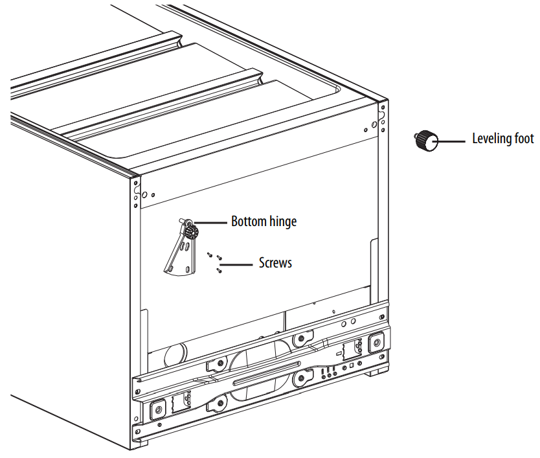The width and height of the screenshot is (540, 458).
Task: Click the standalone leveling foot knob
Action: pos(425,140)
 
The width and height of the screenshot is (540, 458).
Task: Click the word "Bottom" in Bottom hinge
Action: pos(249,222)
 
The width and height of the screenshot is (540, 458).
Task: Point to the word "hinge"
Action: pos(283,222)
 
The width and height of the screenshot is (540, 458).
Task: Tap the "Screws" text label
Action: pos(275,263)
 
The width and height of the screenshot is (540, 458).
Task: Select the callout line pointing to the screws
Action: pos(236,264)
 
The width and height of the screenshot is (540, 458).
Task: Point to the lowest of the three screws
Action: pos(219,271)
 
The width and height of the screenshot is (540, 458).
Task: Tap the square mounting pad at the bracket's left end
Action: pos(157,409)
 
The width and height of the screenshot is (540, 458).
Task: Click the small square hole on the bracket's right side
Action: pos(351,365)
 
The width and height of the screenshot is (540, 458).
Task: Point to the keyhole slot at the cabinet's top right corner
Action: pos(382,117)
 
